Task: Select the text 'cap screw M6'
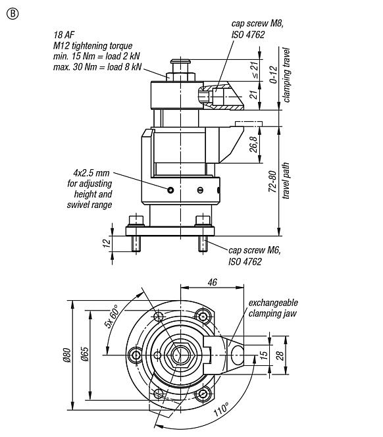pyautogui.click(x=254, y=251)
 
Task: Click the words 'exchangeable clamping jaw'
pyautogui.click(x=272, y=308)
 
